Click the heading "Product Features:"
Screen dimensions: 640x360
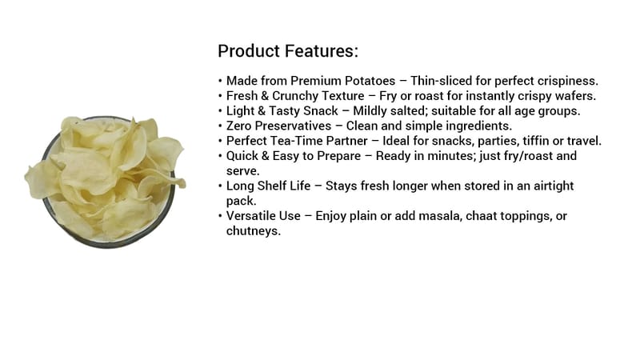point(288,51)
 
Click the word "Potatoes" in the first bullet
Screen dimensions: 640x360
point(370,81)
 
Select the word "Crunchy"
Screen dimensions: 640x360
point(297,96)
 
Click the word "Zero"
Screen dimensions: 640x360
point(238,126)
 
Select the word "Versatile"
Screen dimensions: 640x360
point(251,216)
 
